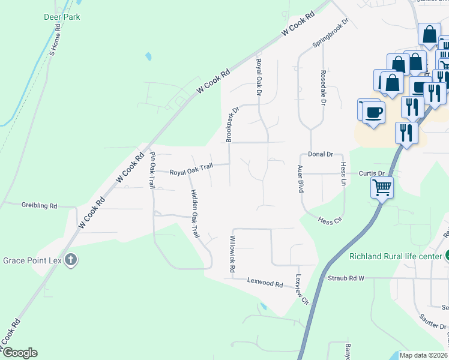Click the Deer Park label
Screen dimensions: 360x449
tap(62, 17)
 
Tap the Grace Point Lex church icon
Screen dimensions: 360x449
tap(71, 260)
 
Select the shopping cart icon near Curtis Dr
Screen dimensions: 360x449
tap(382, 188)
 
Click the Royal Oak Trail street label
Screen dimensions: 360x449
tap(190, 172)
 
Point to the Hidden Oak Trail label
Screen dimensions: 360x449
tap(195, 214)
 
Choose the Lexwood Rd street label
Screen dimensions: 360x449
tap(265, 283)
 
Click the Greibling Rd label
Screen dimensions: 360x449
tap(39, 205)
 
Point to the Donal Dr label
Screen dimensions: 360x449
tap(321, 154)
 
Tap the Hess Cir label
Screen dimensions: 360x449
tap(330, 221)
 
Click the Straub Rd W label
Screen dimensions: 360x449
tap(350, 278)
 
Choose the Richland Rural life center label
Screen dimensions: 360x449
tap(396, 256)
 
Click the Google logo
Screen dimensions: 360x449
tap(20, 353)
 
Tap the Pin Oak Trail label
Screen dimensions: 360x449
tap(152, 170)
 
